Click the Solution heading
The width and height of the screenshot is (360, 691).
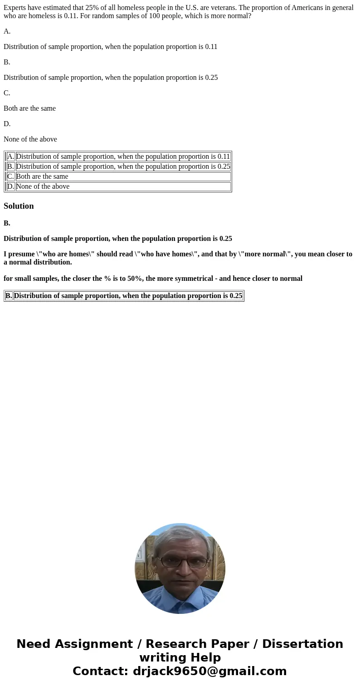(19, 206)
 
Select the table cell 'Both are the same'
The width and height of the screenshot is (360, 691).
(42, 176)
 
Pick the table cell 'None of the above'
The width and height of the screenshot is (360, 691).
(43, 186)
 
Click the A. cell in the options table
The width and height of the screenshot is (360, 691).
(10, 157)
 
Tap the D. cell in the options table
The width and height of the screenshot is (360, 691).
(10, 186)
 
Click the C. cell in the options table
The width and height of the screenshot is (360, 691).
(10, 176)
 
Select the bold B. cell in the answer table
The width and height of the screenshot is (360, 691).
(9, 296)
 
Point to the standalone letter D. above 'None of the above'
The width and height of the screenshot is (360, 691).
(7, 124)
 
